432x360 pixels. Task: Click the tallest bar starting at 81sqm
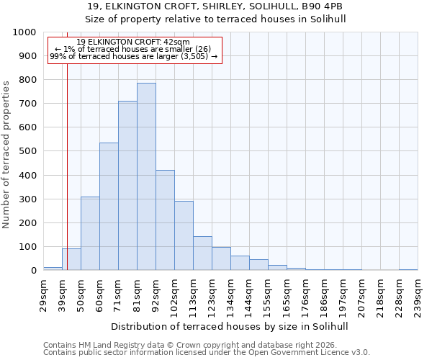click(146, 176)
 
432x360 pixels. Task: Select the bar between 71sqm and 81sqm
click(127, 186)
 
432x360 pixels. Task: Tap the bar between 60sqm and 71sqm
click(109, 207)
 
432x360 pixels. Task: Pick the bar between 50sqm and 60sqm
click(90, 233)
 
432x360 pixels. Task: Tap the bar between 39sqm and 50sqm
click(71, 259)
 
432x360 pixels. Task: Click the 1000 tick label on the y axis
click(24, 32)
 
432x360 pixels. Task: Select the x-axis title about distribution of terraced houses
click(230, 326)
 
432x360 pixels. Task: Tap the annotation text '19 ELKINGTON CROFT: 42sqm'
click(133, 42)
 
